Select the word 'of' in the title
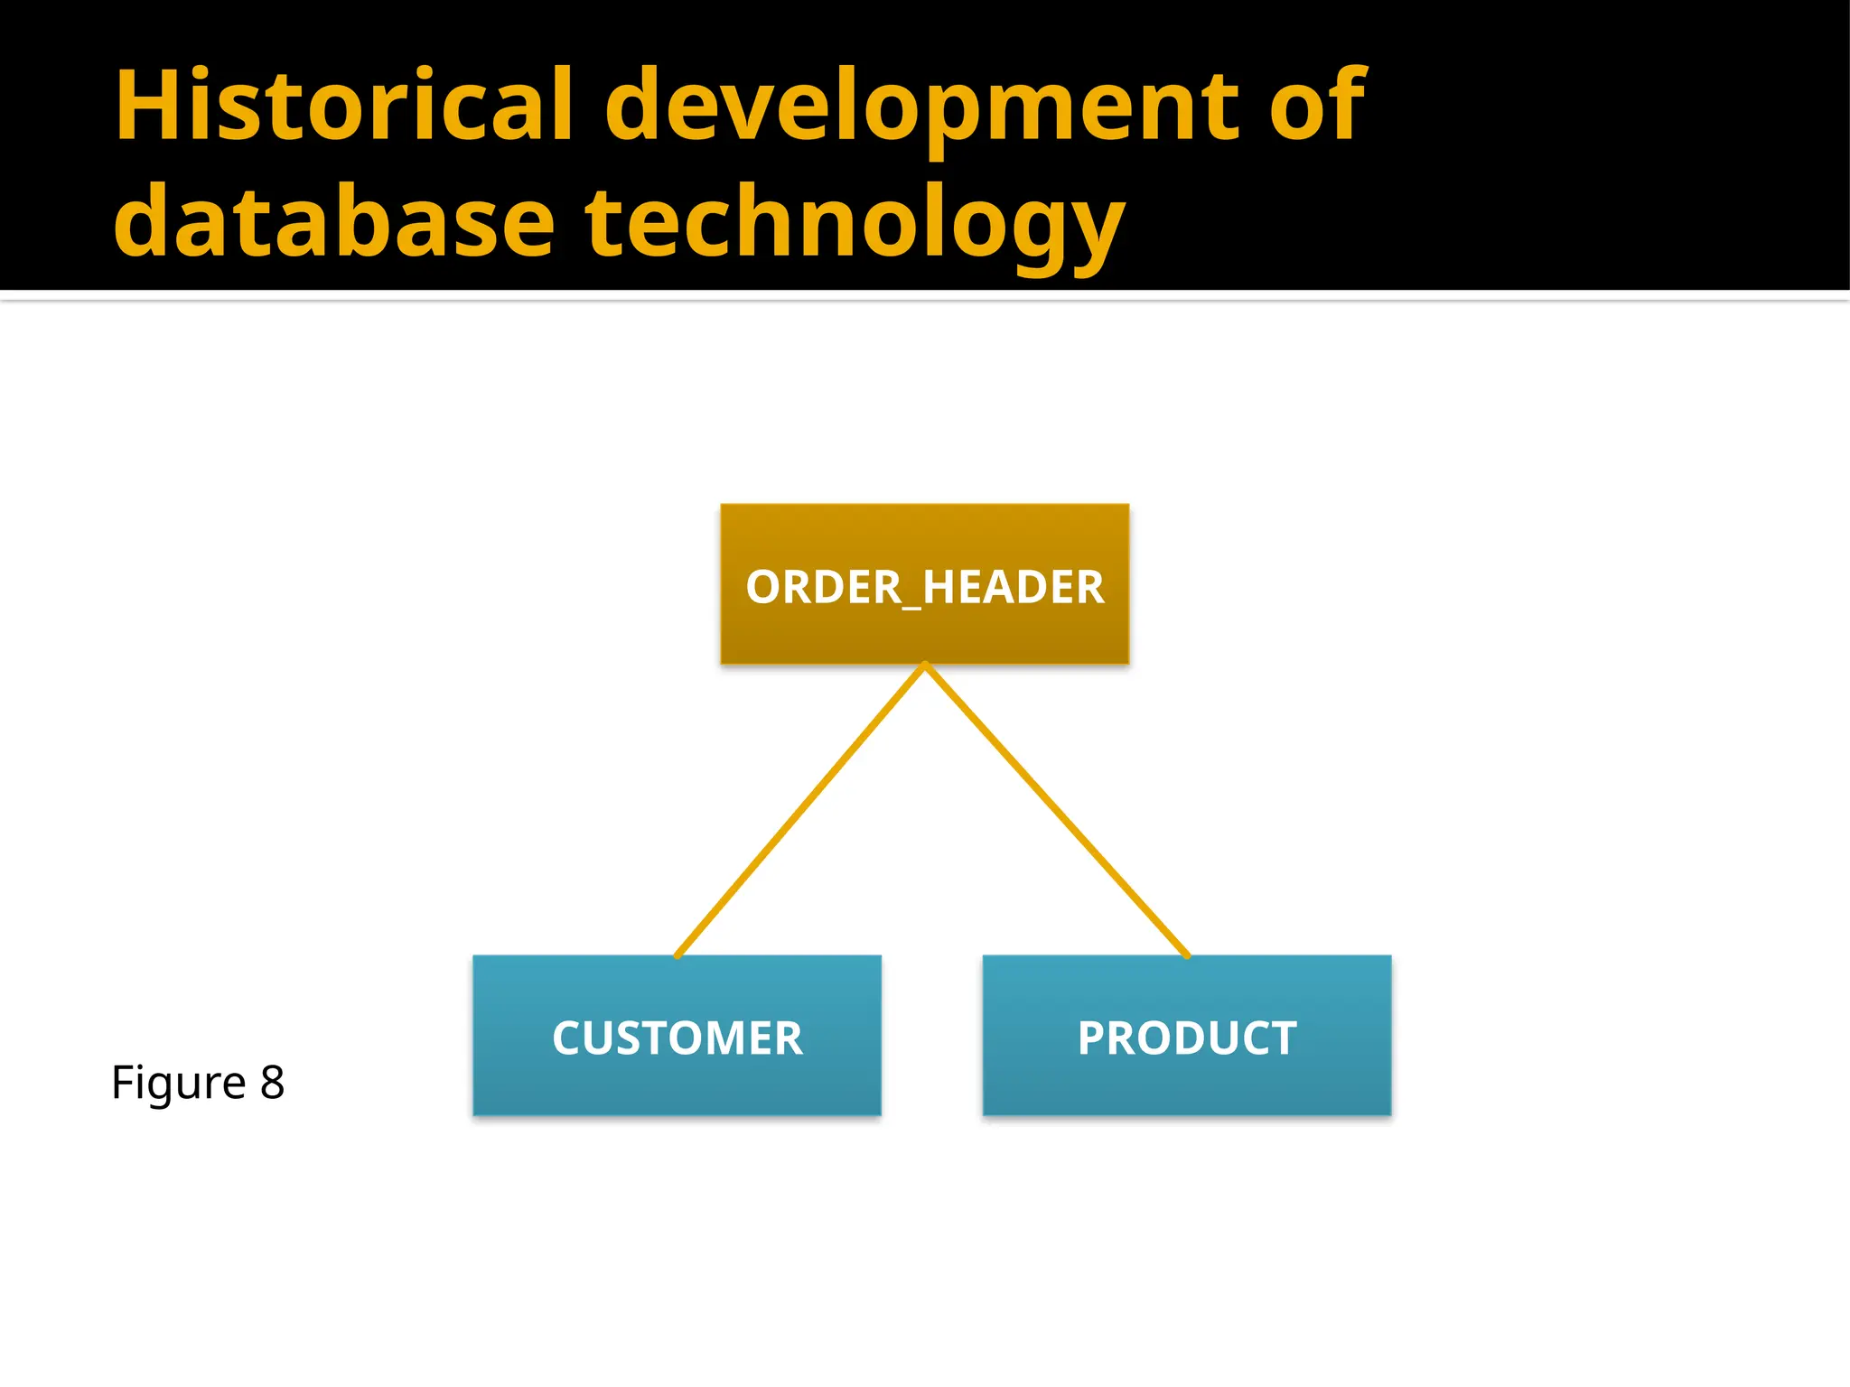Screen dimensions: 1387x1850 (1317, 107)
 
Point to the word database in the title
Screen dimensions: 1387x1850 (333, 222)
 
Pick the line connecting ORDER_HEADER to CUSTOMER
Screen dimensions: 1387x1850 (800, 810)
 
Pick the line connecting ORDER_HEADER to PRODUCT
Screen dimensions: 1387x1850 (1055, 810)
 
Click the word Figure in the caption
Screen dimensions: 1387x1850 (178, 1083)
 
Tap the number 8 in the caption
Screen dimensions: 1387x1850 (272, 1082)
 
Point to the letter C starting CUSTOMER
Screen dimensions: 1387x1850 (569, 1038)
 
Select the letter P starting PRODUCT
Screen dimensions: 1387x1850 (1094, 1038)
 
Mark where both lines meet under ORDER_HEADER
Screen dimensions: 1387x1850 (925, 666)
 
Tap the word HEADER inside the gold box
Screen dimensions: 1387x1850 (1013, 587)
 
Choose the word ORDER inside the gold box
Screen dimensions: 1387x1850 (823, 587)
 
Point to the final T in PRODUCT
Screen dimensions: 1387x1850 (1283, 1038)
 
